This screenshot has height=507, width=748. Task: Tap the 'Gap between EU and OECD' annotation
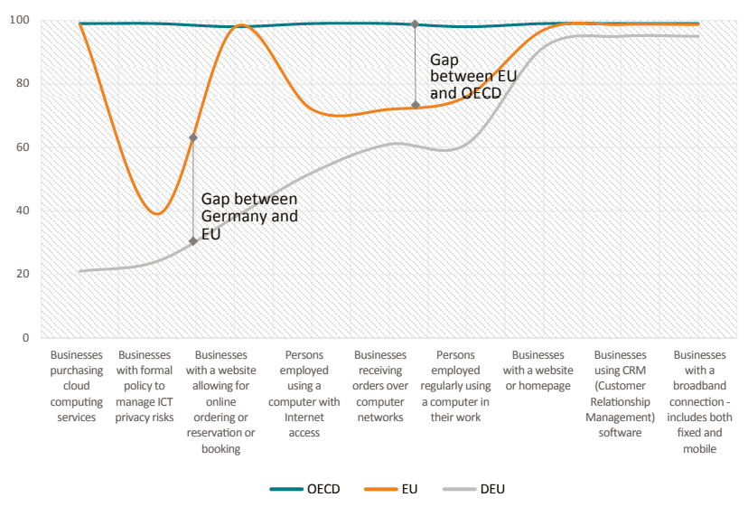point(472,76)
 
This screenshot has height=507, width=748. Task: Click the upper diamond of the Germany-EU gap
point(193,137)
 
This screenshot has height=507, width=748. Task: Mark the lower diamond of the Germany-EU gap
point(193,240)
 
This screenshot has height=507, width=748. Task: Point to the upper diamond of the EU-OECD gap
point(415,23)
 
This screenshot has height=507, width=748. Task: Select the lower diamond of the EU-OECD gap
point(415,105)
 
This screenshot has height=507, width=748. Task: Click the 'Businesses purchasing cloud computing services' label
point(77,386)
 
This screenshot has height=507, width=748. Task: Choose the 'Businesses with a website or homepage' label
point(538,371)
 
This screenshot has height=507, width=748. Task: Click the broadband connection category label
point(698,401)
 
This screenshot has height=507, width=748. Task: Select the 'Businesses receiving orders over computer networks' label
point(380,386)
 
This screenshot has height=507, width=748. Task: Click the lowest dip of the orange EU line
point(157,214)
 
